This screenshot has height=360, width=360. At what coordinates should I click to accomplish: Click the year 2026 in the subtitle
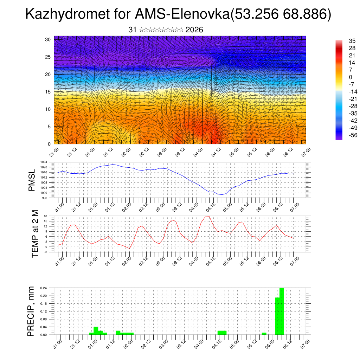(x=194, y=30)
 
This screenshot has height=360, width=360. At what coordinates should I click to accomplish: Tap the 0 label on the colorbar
(x=350, y=77)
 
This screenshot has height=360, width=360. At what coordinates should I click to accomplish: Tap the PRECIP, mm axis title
(x=32, y=311)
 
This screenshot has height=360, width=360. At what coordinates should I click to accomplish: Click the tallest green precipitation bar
(x=281, y=311)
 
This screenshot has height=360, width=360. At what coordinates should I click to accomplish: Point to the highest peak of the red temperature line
(x=208, y=217)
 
